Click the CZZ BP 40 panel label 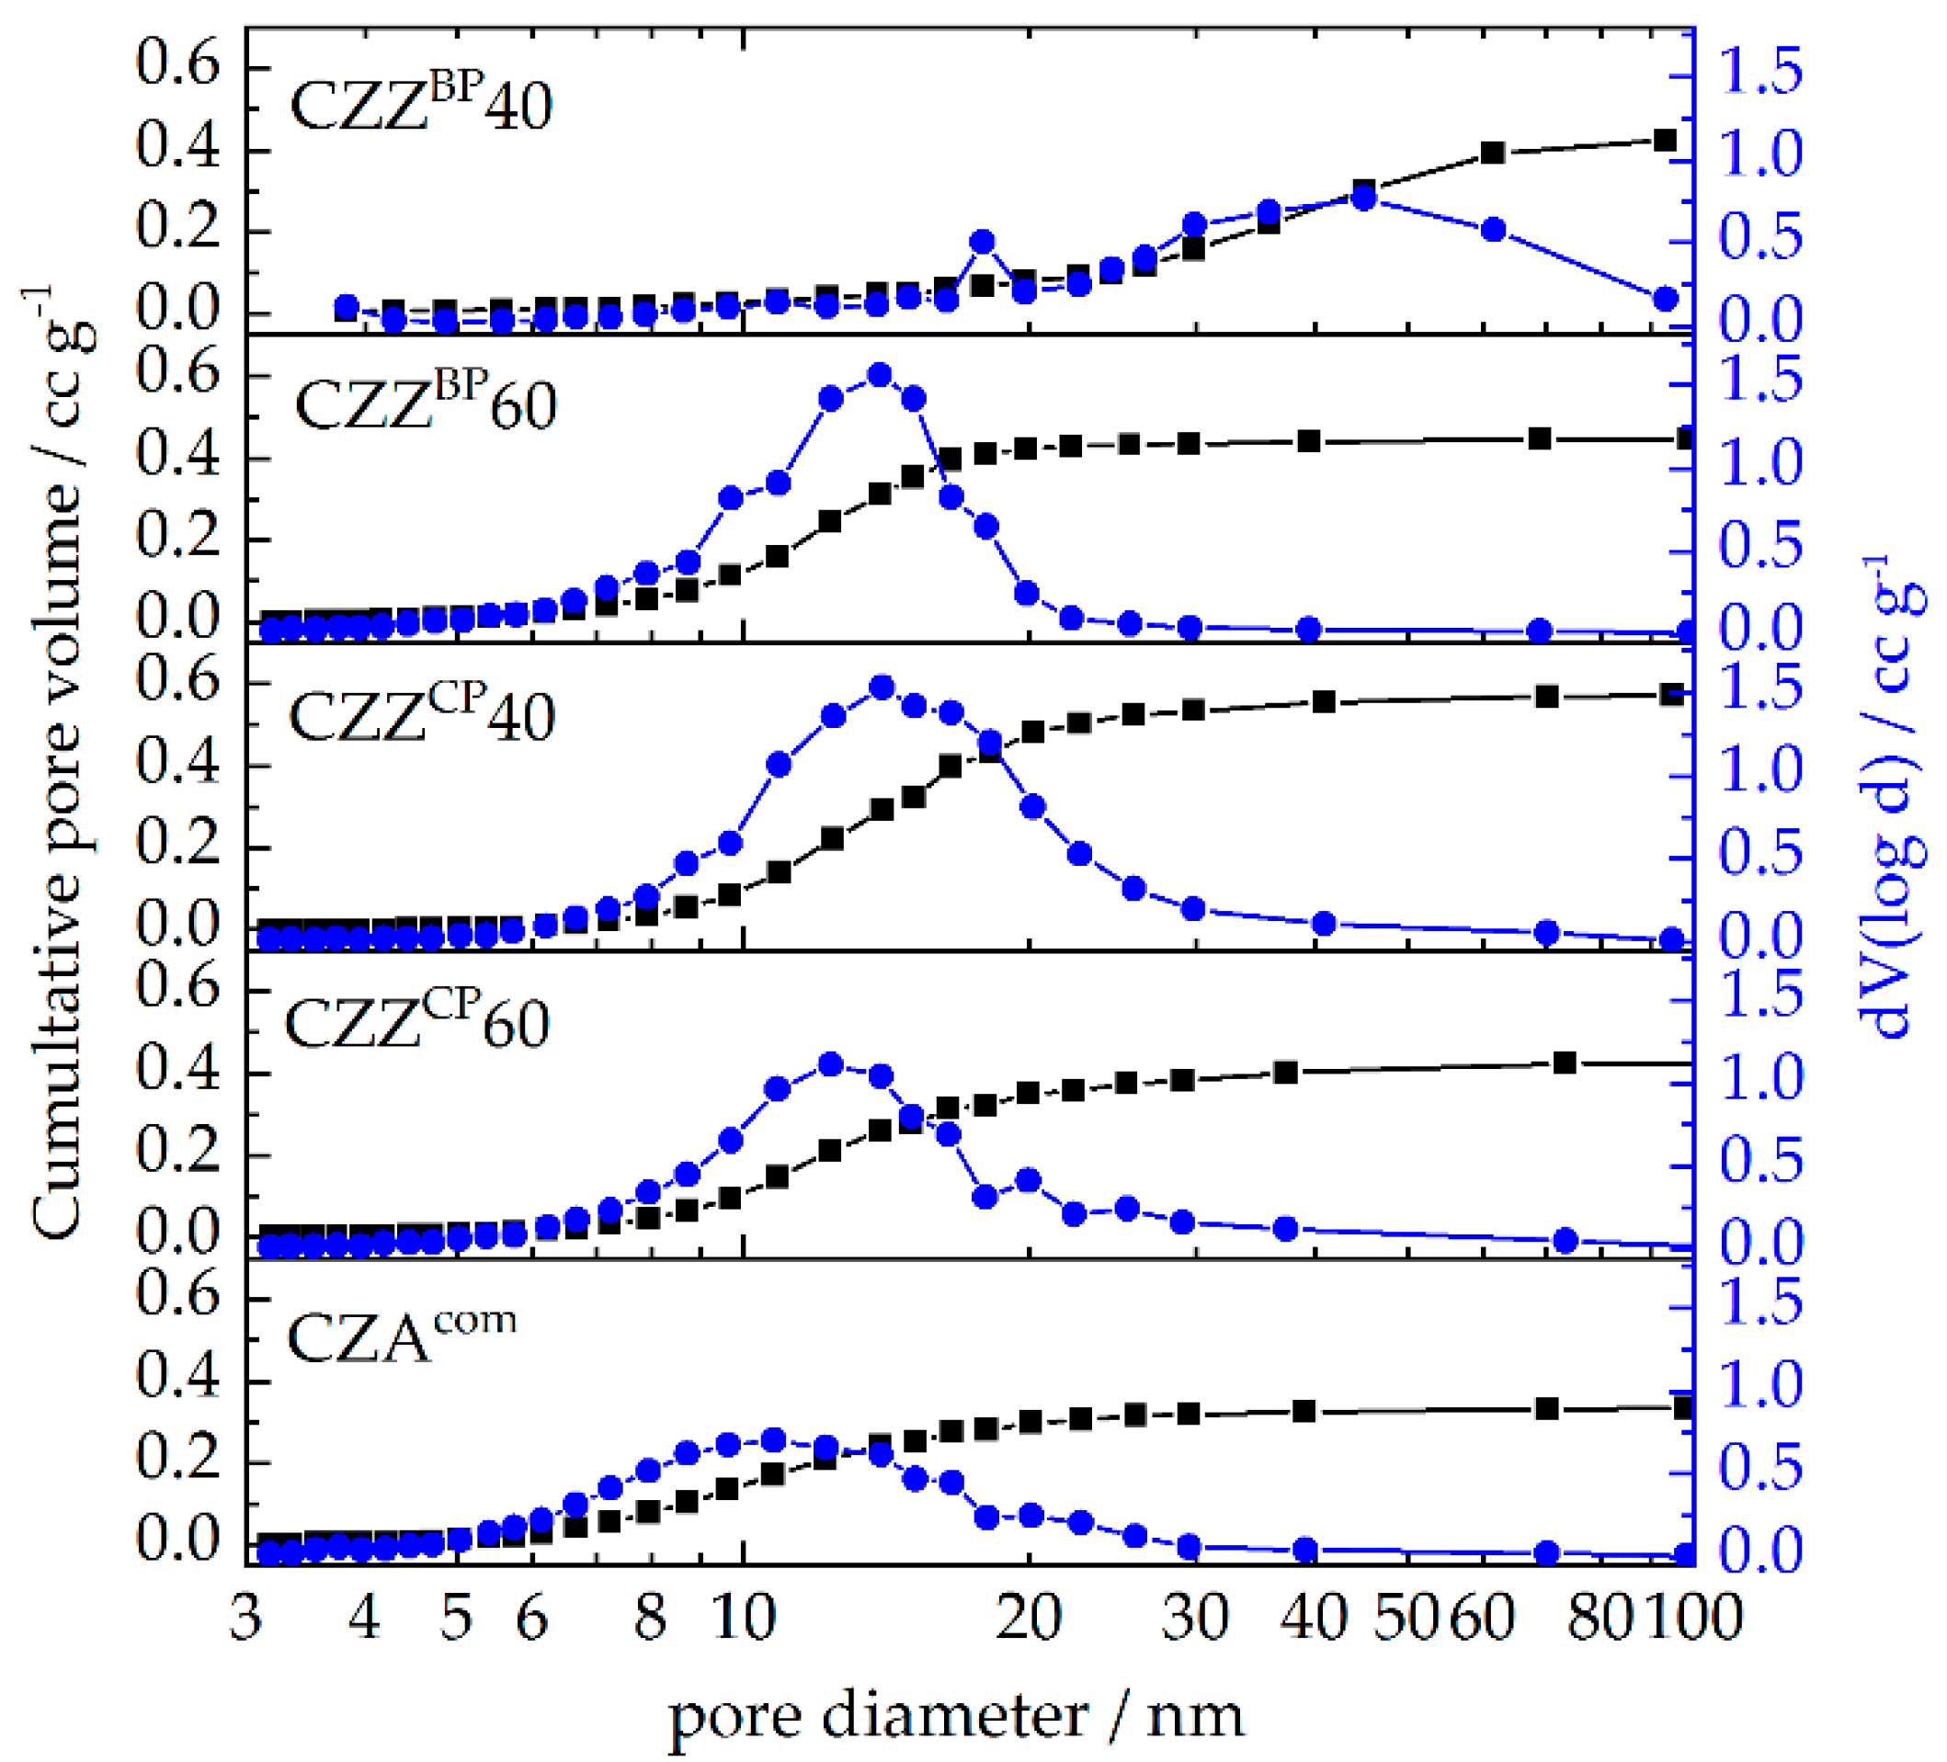421,104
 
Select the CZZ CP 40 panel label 421,715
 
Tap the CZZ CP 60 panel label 417,1022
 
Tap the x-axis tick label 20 1030,1616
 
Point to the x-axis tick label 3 245,1616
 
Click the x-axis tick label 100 1695,1616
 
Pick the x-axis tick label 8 651,1616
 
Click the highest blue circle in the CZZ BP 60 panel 879,376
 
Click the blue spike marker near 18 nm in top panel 984,243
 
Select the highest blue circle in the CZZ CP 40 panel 881,688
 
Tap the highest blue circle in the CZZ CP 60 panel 829,1065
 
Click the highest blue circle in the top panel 1363,199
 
